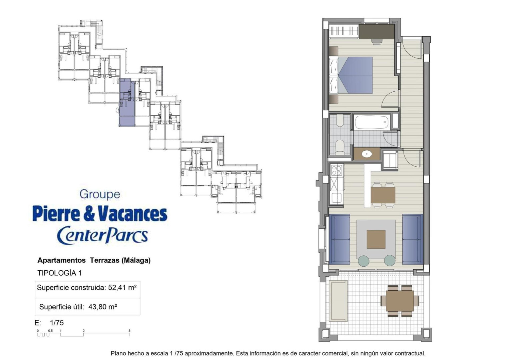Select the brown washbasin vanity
[367, 154]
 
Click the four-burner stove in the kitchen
[336, 170]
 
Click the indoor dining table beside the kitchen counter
[383, 195]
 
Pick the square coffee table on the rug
[376, 239]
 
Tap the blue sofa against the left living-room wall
[340, 239]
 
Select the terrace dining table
[400, 301]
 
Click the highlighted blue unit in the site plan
[127, 103]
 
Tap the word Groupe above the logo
[100, 195]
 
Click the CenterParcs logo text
[102, 235]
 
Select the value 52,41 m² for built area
[122, 288]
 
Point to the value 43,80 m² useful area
[103, 307]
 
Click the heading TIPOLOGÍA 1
[59, 273]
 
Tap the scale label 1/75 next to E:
[57, 323]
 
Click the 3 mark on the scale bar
[129, 331]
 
